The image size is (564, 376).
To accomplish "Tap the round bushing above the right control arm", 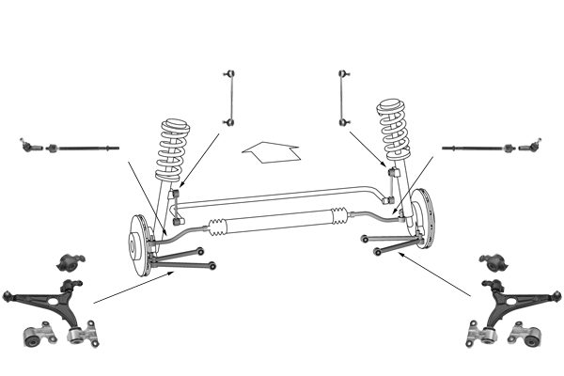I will click(492, 261).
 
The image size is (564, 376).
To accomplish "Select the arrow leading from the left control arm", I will click(132, 288).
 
